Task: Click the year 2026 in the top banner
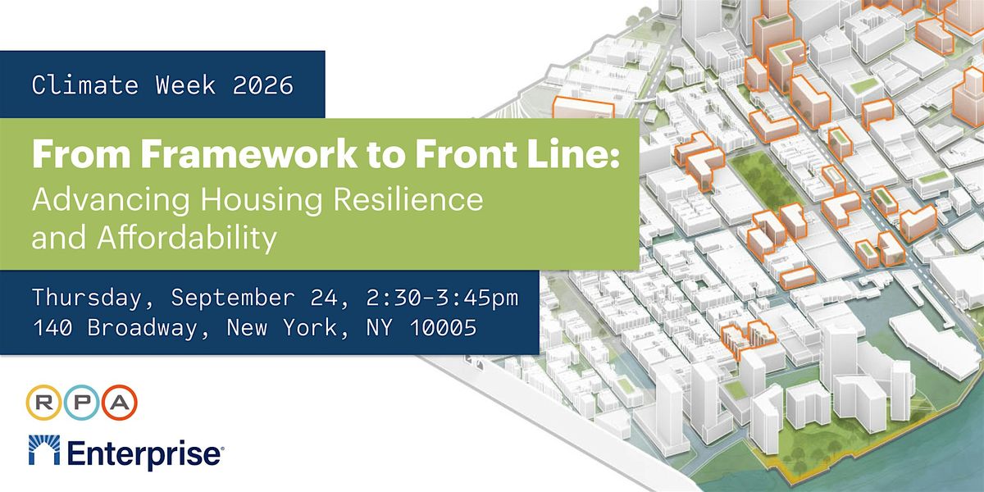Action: (262, 84)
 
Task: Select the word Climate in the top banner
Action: (84, 84)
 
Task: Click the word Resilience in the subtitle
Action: (408, 199)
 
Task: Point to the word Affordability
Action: (187, 239)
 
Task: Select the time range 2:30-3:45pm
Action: (442, 298)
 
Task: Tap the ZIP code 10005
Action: (444, 327)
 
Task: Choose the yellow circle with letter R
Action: (43, 403)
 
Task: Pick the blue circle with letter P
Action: (82, 403)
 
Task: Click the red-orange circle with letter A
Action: (120, 403)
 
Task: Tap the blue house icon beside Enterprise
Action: (44, 450)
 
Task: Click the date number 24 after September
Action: (324, 298)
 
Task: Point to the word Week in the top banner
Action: (185, 84)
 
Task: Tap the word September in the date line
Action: (232, 298)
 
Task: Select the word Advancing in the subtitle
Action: (111, 200)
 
